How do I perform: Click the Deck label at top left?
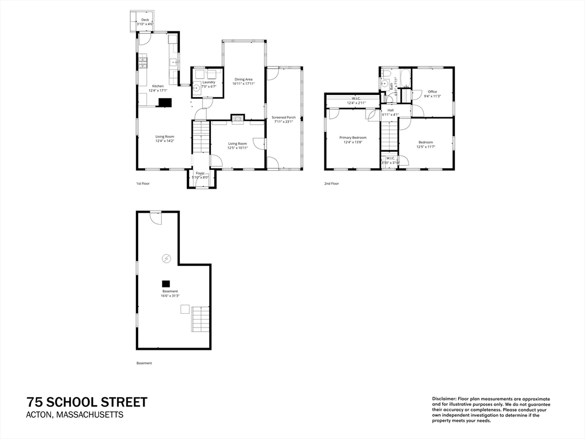(x=145, y=20)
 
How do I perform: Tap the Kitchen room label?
(x=157, y=86)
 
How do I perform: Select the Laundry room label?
(x=209, y=82)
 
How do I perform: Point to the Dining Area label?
(x=243, y=79)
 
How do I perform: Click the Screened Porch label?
(x=283, y=117)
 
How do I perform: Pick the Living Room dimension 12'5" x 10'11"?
(x=238, y=148)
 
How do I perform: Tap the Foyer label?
(x=200, y=173)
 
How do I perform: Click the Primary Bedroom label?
(x=352, y=138)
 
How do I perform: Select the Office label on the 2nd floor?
(x=432, y=91)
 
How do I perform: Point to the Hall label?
(x=390, y=110)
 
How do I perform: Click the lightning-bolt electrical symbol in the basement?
(x=166, y=258)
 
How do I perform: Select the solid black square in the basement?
(x=166, y=283)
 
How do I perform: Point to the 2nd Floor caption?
(x=331, y=183)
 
